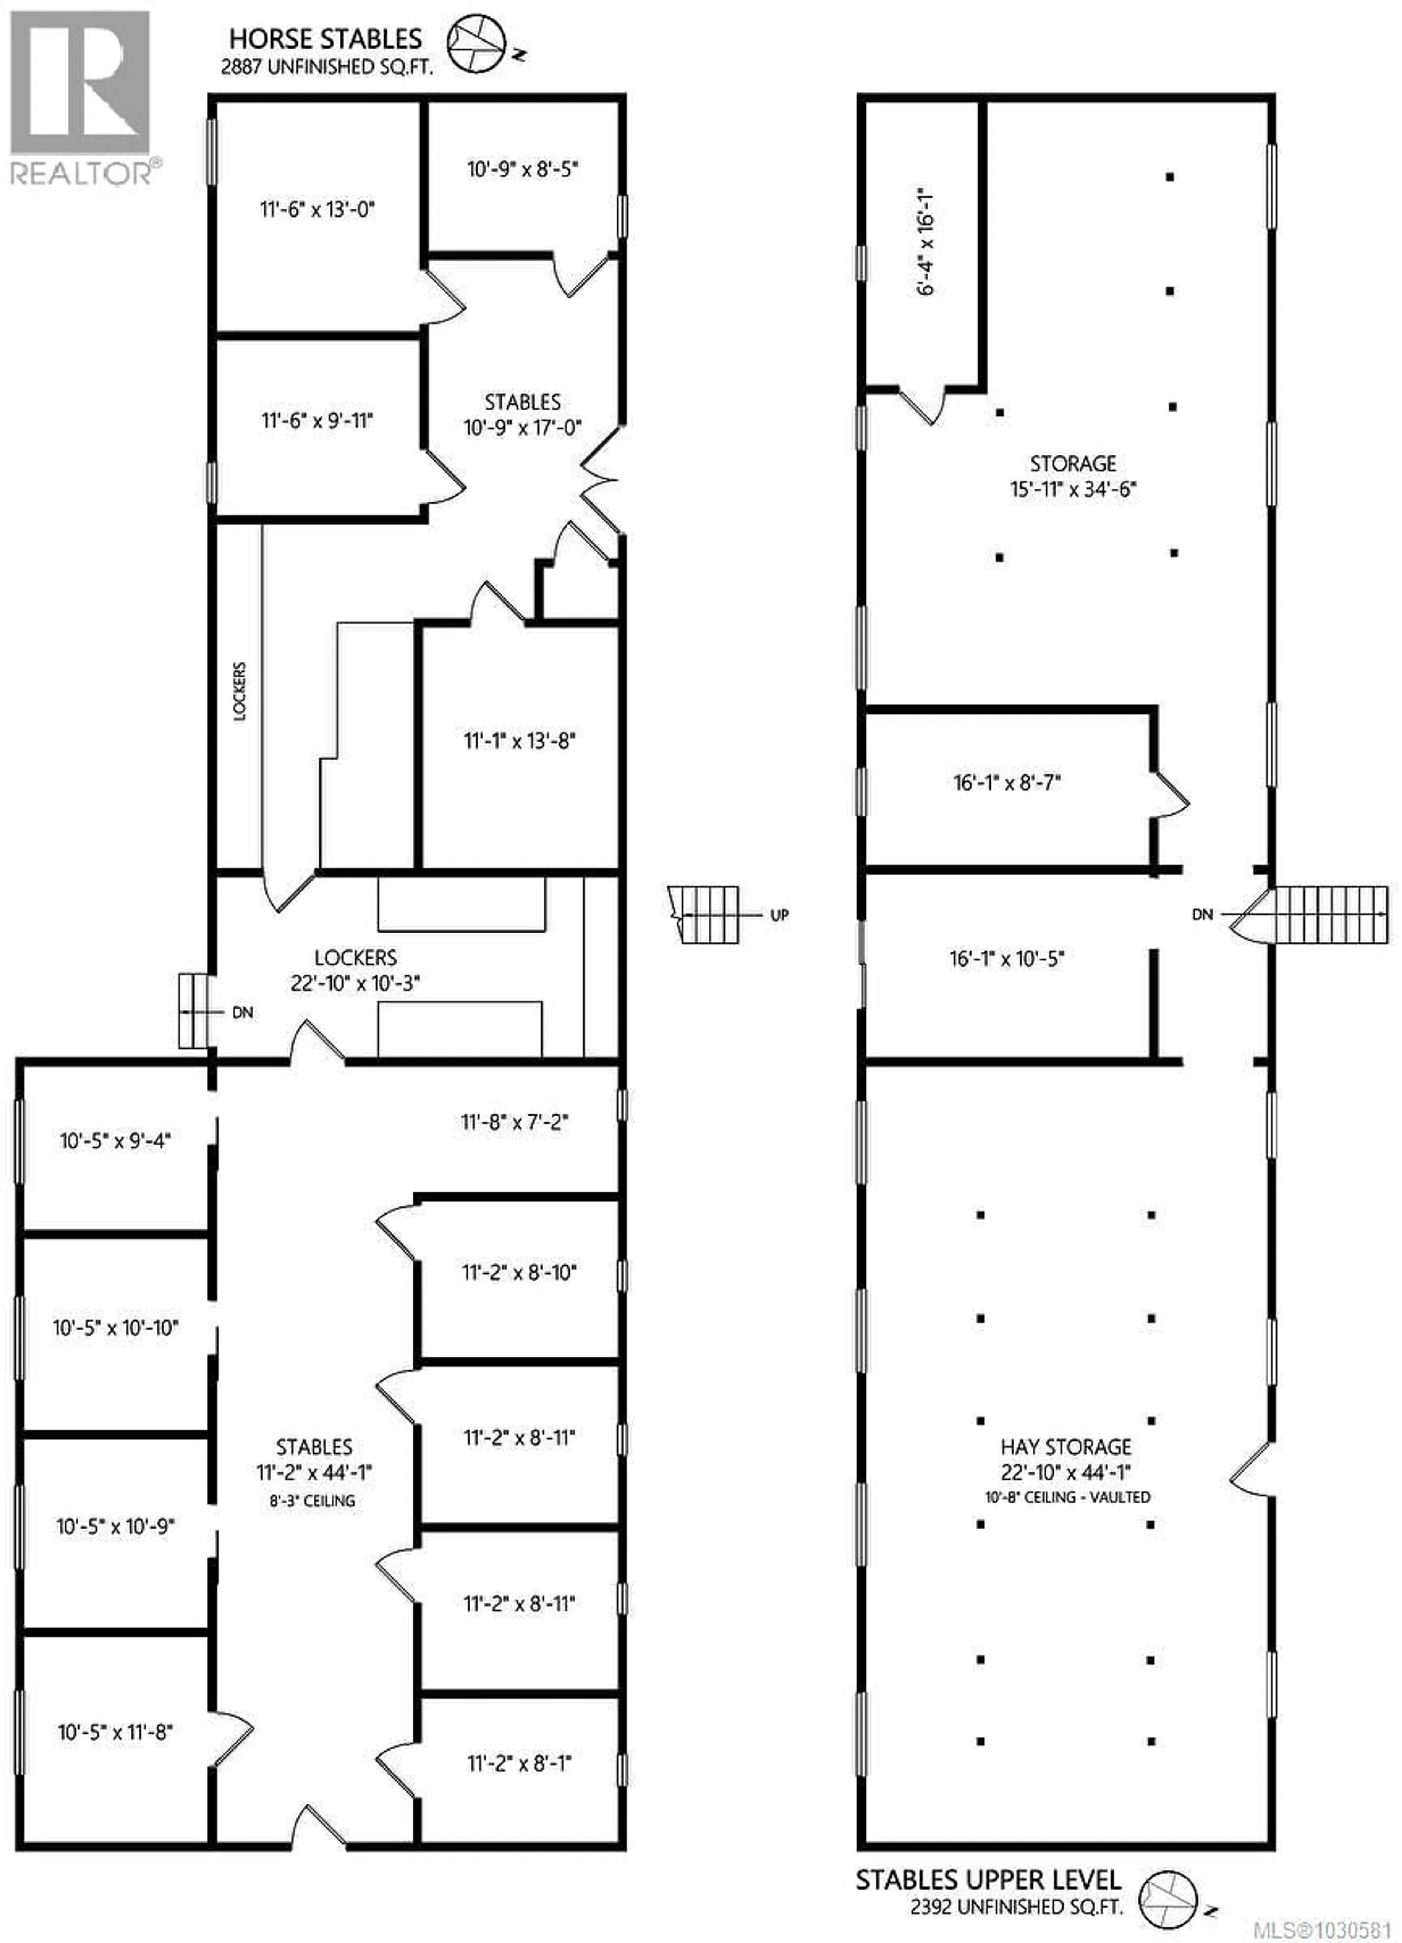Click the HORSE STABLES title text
click(325, 39)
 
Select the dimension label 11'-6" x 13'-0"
click(317, 209)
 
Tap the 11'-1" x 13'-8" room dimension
click(519, 740)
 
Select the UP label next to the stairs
click(778, 915)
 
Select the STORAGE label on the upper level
click(1072, 463)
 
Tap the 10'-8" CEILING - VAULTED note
click(1067, 1497)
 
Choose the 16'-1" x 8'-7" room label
click(1007, 782)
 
